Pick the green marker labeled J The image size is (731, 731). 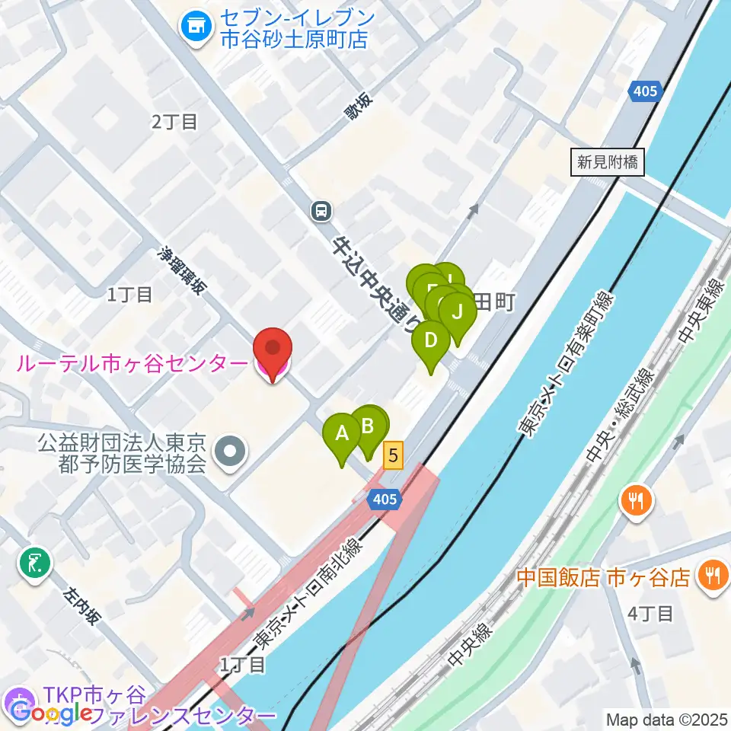(x=458, y=313)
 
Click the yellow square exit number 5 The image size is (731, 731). (x=393, y=455)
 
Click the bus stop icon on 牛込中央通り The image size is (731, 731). (x=321, y=211)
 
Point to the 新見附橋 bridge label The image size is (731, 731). (x=607, y=161)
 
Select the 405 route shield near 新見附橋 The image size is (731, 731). (x=644, y=92)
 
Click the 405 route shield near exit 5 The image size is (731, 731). (x=384, y=500)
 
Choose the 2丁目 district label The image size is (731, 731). (x=174, y=121)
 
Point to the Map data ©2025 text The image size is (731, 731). (x=666, y=719)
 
